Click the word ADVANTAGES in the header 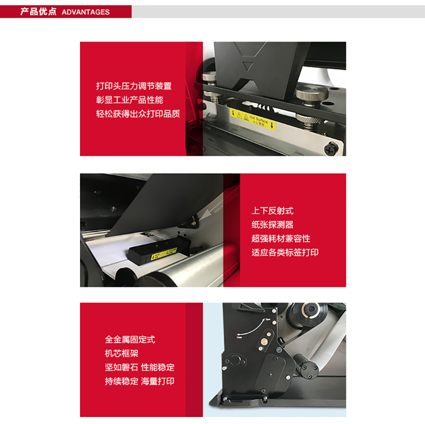click(x=85, y=12)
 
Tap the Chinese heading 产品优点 click(x=38, y=11)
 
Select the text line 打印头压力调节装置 click(x=133, y=86)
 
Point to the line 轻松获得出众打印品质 click(x=138, y=113)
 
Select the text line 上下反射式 click(x=272, y=211)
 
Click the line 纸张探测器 click(x=272, y=225)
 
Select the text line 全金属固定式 click(x=130, y=339)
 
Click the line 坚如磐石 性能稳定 click(x=139, y=367)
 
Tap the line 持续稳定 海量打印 click(x=139, y=381)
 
